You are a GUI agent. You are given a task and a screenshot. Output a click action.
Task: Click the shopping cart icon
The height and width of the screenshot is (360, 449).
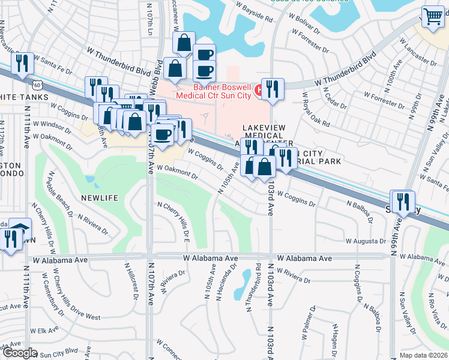point(432,16)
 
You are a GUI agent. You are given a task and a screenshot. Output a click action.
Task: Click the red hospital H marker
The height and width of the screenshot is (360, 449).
point(259,90)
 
